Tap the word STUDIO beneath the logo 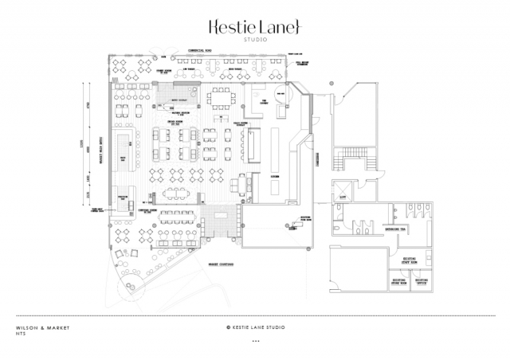(255, 39)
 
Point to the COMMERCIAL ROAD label (198, 49)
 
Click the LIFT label (343, 196)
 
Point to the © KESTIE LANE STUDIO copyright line (255, 327)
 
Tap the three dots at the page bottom (255, 341)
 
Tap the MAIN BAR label (123, 159)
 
